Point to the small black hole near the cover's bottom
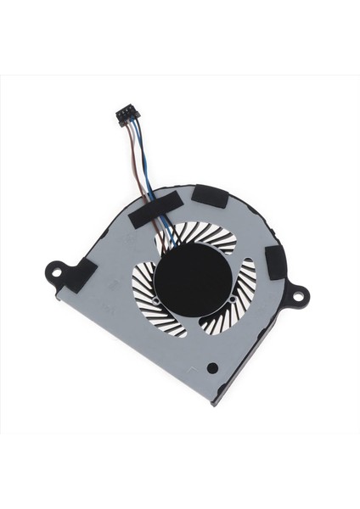211,366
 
